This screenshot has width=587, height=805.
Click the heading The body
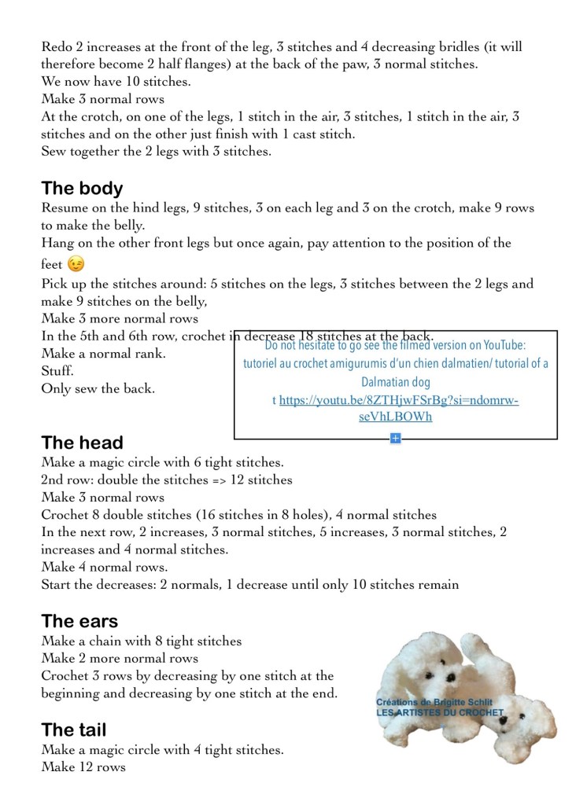(x=82, y=189)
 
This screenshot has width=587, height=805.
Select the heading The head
(x=82, y=443)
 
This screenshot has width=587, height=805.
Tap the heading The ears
(x=79, y=622)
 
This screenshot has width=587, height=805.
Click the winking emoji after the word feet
(x=76, y=264)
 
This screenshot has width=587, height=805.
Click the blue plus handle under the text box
(x=395, y=438)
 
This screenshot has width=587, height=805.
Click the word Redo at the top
(x=57, y=47)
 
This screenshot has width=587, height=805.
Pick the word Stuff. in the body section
(x=57, y=371)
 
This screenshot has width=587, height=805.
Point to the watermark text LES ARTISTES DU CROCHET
(x=439, y=712)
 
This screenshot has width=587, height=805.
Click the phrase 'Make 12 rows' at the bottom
(x=83, y=767)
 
